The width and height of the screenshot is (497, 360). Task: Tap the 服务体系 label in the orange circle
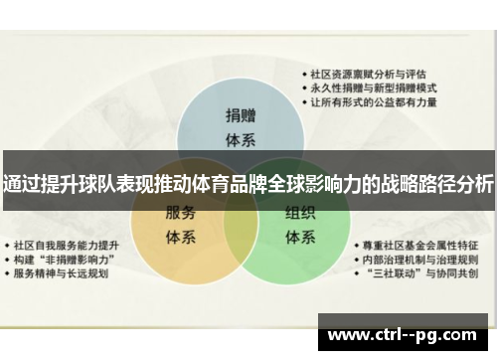pos(180,224)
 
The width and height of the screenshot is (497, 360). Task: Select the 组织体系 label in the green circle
pos(300,224)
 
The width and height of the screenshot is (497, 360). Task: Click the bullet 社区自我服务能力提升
pos(72,244)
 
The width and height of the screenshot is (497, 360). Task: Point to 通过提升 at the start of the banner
pos(36,184)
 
